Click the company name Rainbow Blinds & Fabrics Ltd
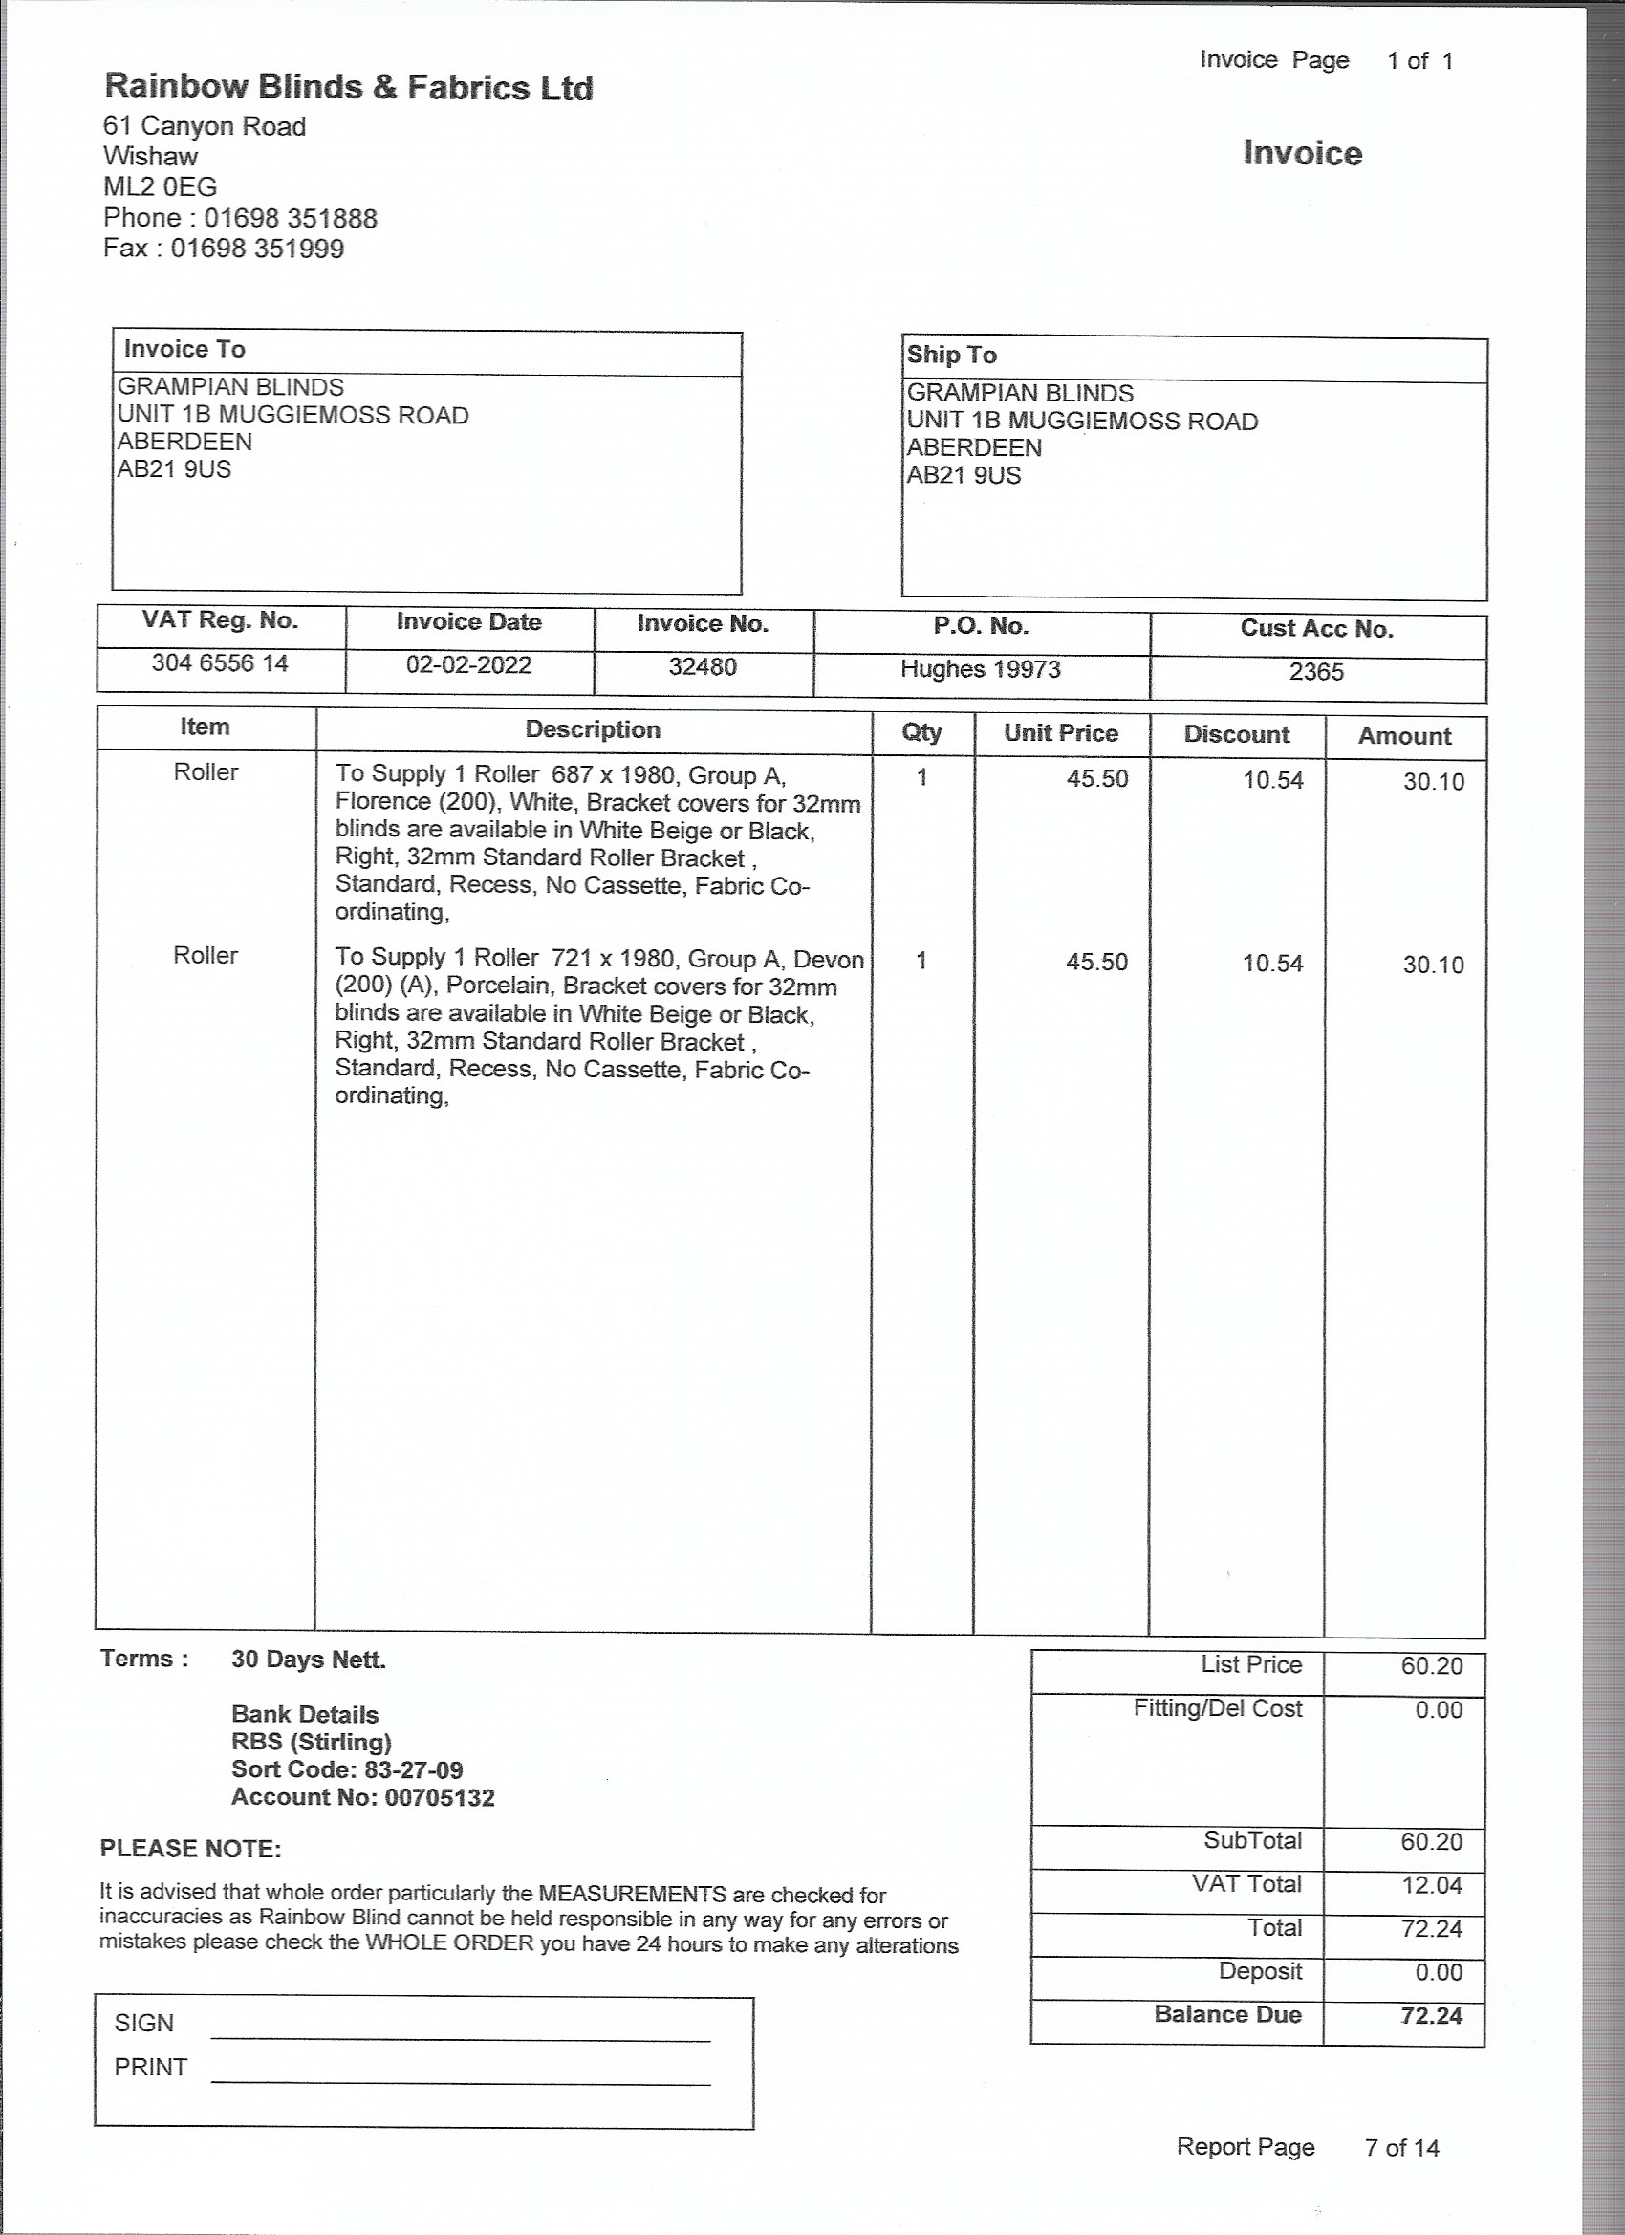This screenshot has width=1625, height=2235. (348, 88)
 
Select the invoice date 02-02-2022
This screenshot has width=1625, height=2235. (468, 665)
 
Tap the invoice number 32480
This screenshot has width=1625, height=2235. (703, 667)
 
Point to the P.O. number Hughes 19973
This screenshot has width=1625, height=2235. (981, 669)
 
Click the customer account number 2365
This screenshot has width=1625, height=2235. (1316, 672)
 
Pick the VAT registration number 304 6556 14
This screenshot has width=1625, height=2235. (220, 663)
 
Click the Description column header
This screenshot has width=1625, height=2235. (593, 730)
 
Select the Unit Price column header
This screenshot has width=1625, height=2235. (1060, 733)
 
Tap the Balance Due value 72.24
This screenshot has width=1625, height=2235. (1431, 2015)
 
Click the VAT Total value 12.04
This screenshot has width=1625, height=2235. (1431, 1885)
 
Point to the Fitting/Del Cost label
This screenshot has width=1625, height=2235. (1217, 1709)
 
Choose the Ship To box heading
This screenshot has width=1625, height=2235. (951, 355)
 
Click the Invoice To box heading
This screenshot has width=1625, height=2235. (184, 349)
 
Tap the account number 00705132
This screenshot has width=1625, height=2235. (440, 1797)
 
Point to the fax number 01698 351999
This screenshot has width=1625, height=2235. (257, 249)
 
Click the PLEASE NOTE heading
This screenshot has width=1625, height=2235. (190, 1849)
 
